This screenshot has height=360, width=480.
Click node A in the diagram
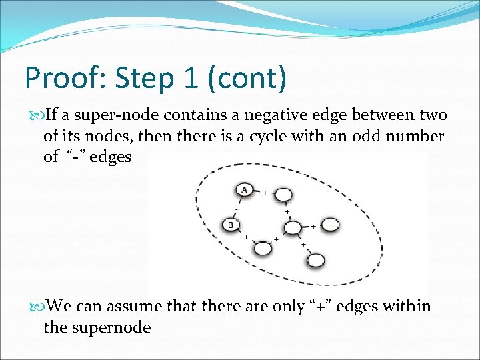point(245,190)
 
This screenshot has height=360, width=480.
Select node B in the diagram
point(231,225)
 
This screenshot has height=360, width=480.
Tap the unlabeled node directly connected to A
point(283,195)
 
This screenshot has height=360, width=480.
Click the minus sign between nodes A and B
point(237,207)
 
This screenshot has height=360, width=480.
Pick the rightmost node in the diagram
point(329,226)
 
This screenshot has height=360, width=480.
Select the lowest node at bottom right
point(316,260)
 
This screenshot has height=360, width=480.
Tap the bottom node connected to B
point(263,248)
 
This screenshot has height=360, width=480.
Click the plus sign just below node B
point(246,237)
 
